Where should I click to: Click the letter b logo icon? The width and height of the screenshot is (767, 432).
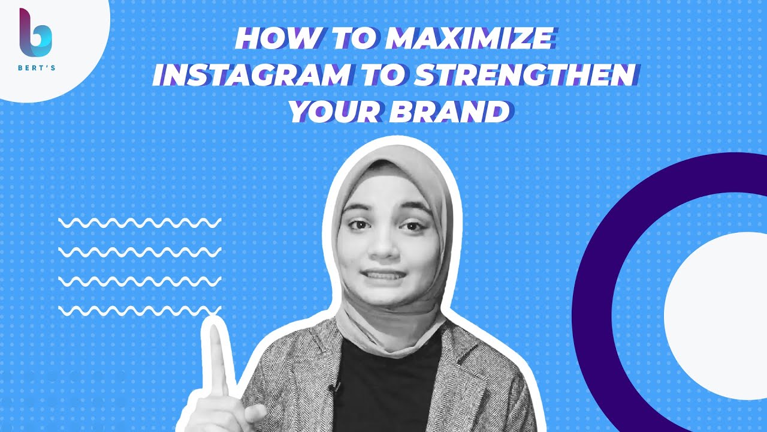tap(35, 32)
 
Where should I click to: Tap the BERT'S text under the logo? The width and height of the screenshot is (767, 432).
tap(37, 68)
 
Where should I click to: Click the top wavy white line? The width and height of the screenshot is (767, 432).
tap(140, 223)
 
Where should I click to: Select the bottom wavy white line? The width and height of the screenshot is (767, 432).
tap(140, 311)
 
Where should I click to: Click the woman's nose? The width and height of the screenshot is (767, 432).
tap(383, 246)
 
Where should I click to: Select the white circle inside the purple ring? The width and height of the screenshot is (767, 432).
tap(715, 316)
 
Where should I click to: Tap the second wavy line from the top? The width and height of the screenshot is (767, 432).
tap(140, 252)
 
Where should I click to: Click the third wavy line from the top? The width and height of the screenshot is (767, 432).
tap(140, 281)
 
